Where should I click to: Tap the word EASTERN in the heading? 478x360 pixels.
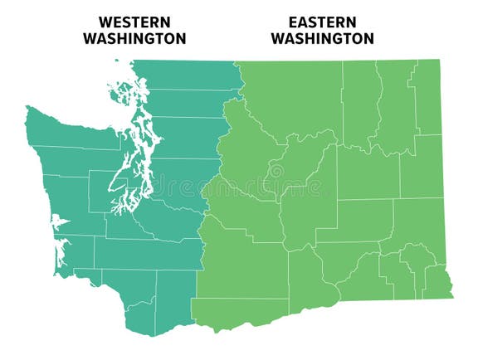coord(322,22)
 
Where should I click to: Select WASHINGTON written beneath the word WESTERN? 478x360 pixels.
coord(134,38)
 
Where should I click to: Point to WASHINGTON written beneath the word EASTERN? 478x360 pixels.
coord(322,38)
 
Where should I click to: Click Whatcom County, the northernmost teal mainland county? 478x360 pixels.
coord(187,75)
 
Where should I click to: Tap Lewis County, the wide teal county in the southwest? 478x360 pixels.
coord(141,254)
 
